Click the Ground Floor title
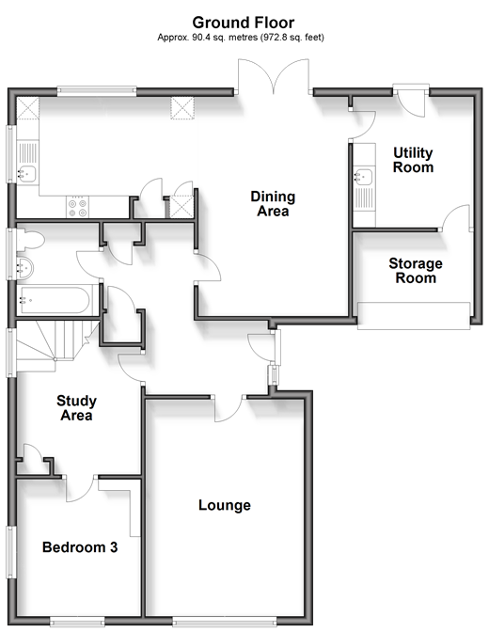tap(243, 23)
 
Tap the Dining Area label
tap(273, 203)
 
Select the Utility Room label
tap(413, 160)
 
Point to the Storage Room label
tap(416, 271)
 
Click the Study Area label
tap(76, 408)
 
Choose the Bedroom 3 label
tap(80, 547)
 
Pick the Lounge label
tap(225, 505)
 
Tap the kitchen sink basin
tap(26, 173)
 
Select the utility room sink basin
tap(363, 177)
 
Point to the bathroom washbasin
tap(25, 267)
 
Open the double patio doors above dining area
tap(274, 76)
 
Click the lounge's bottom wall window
tap(225, 622)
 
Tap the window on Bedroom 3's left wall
tap(11, 552)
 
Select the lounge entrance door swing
tap(229, 409)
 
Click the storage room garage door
tap(414, 316)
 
